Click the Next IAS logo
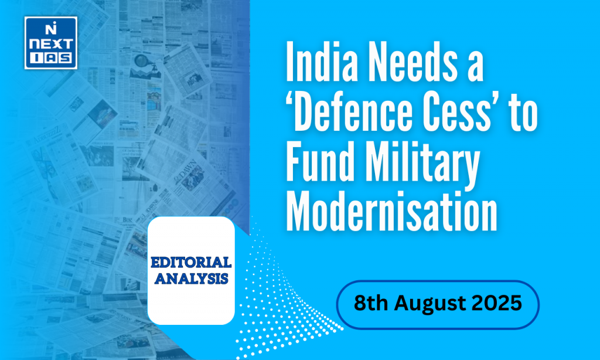tap(50, 43)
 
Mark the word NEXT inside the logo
tap(50, 44)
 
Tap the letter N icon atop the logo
tap(50, 28)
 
